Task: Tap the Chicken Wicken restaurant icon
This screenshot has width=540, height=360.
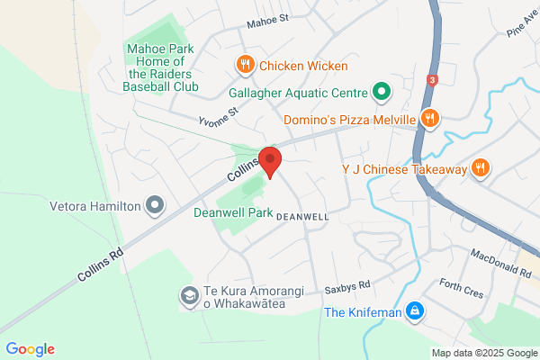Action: pyautogui.click(x=244, y=64)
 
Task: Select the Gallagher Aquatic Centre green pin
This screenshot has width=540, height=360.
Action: pyautogui.click(x=381, y=92)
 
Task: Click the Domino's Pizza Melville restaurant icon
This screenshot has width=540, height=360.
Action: pyautogui.click(x=430, y=118)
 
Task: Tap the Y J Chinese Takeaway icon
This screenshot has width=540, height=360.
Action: pyautogui.click(x=481, y=167)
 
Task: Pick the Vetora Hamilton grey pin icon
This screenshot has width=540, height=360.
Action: pyautogui.click(x=155, y=205)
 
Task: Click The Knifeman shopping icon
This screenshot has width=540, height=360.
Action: pyautogui.click(x=413, y=312)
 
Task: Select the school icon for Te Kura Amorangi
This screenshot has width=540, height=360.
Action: pyautogui.click(x=189, y=294)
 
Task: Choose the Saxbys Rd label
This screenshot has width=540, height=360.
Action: pyautogui.click(x=347, y=287)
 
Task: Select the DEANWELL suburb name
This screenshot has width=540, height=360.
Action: pyautogui.click(x=302, y=217)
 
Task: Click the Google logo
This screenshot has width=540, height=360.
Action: pyautogui.click(x=30, y=349)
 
